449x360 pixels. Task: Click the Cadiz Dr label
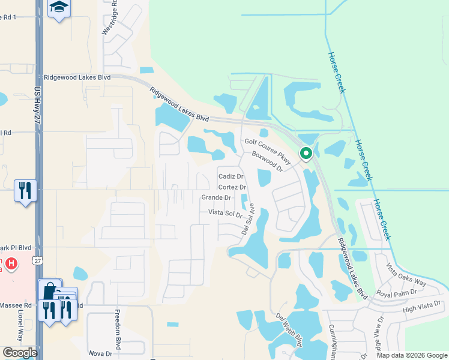pos(231,176)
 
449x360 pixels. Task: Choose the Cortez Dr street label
pos(233,187)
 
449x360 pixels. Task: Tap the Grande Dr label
pos(216,197)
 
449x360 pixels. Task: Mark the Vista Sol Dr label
pos(224,213)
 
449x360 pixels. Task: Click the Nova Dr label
pos(100,353)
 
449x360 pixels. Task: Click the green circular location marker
pos(306,154)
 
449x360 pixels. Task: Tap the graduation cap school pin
pos(59,8)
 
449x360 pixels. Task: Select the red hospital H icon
pos(10,263)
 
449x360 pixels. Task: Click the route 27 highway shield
pos(38,261)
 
